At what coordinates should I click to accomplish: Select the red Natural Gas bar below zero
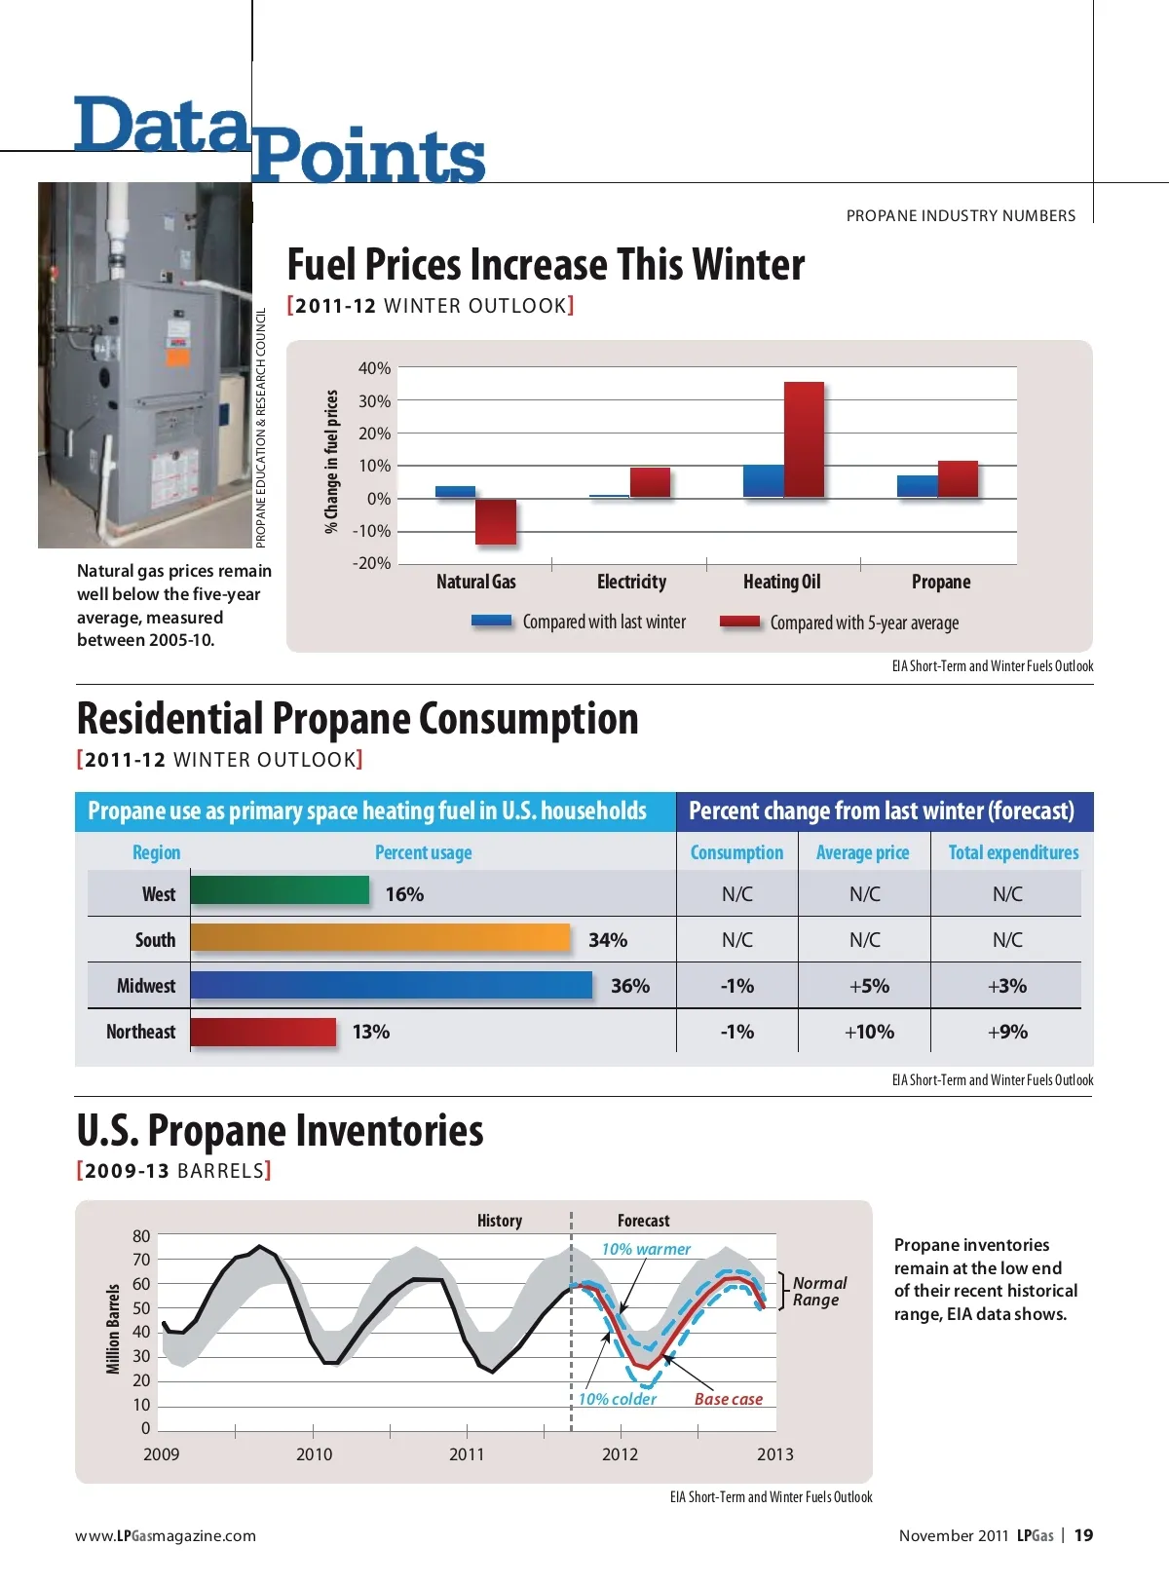495,521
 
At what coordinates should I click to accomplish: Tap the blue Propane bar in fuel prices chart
917,486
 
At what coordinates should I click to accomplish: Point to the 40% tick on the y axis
374,368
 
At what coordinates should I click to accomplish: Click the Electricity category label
631,582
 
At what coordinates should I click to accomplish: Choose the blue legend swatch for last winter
491,621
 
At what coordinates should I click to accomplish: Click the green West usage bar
280,891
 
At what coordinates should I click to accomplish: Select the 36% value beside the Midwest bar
629,986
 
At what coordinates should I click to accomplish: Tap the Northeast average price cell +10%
868,1032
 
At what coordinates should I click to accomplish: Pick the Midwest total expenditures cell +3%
1006,986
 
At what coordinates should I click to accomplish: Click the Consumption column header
736,852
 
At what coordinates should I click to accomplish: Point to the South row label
155,940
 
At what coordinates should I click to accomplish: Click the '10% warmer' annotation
646,1249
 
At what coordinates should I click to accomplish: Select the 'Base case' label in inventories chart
728,1399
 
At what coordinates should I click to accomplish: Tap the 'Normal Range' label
818,1291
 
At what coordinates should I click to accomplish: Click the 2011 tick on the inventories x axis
467,1453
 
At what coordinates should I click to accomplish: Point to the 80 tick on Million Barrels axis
142,1236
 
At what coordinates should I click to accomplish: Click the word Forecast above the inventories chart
643,1221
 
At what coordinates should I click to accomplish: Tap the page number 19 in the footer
1083,1535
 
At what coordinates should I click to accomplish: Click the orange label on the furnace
177,357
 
